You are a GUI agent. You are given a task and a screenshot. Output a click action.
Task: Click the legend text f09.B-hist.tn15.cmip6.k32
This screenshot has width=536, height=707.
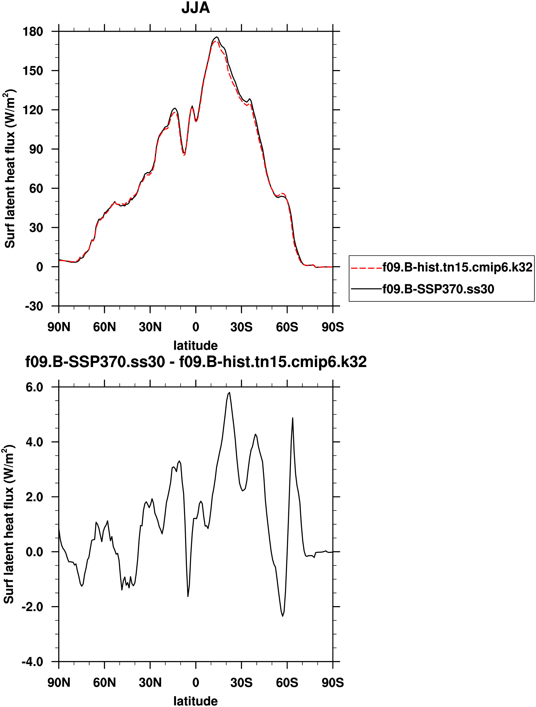point(457,267)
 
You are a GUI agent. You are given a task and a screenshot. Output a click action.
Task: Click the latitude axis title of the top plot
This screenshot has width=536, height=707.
point(196,345)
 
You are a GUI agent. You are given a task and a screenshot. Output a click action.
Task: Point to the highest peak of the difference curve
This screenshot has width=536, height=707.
point(230,392)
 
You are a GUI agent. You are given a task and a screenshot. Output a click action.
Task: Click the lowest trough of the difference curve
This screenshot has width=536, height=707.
point(283,616)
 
